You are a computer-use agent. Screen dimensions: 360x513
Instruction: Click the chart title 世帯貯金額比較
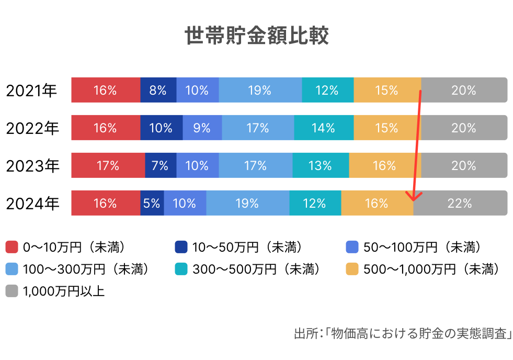(x=256, y=37)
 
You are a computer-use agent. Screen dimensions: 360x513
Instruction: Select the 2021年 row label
(x=31, y=91)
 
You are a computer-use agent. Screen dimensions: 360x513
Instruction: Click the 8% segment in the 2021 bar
(x=158, y=90)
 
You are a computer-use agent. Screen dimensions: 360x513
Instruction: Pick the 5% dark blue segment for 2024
(x=152, y=203)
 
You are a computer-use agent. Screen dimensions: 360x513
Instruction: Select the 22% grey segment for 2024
(x=460, y=203)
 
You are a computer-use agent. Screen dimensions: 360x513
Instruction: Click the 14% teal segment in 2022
(x=323, y=128)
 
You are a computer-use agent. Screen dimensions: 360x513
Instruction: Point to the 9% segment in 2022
(x=202, y=128)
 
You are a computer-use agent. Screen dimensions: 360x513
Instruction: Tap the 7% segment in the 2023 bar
(x=160, y=165)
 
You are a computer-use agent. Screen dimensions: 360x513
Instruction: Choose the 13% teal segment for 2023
(x=320, y=165)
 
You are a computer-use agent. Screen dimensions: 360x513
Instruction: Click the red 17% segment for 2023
(x=108, y=165)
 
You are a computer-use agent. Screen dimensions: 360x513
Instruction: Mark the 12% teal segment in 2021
(x=327, y=90)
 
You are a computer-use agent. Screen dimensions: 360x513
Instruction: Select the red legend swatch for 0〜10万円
(x=12, y=246)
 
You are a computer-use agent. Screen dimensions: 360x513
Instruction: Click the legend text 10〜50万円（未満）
(x=247, y=246)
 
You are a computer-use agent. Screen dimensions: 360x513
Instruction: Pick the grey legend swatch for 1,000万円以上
(x=12, y=291)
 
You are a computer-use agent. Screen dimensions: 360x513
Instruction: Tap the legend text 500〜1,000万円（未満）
(x=430, y=269)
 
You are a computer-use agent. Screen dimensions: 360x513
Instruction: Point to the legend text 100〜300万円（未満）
(x=86, y=269)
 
